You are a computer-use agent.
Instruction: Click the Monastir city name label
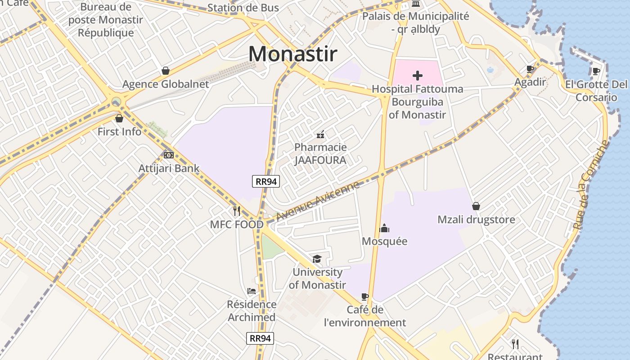click(292, 54)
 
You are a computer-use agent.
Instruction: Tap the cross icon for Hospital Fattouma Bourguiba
click(418, 76)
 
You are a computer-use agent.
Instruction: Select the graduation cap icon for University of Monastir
click(317, 259)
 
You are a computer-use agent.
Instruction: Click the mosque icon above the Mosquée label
click(384, 228)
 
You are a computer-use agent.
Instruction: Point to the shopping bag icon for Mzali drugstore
click(476, 206)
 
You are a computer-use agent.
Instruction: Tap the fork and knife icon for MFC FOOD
click(237, 211)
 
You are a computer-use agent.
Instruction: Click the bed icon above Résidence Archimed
click(252, 291)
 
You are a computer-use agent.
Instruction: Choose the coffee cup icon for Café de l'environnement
click(365, 297)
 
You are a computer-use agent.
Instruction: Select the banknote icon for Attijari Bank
click(169, 155)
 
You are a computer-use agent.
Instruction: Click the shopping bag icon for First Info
click(119, 118)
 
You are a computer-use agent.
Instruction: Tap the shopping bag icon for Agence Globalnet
click(166, 71)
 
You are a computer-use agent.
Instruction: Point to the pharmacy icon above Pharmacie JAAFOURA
click(320, 134)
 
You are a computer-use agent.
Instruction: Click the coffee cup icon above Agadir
click(530, 69)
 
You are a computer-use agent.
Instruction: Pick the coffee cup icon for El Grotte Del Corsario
click(596, 71)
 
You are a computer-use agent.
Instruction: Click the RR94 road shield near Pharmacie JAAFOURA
click(266, 181)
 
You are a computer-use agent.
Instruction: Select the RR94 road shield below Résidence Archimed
click(260, 338)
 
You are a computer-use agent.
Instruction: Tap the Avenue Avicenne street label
click(318, 201)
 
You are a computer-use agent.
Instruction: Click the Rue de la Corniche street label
click(591, 184)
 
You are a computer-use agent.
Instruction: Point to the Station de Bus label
click(243, 8)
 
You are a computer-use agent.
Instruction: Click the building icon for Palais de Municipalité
click(416, 4)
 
